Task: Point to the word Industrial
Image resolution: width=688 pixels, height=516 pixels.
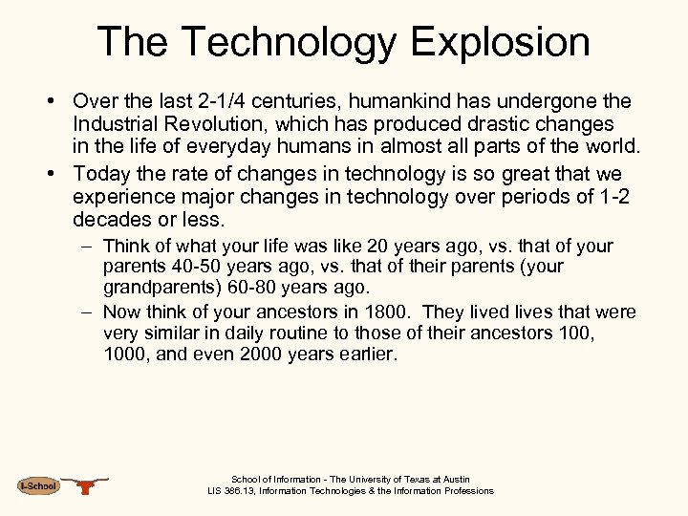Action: click(121, 125)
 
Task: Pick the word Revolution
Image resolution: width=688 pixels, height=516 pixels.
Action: click(227, 125)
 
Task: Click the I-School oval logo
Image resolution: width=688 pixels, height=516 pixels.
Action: click(38, 486)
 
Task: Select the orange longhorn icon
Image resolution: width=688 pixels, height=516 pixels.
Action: click(86, 485)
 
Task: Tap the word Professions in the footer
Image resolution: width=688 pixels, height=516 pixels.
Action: click(468, 491)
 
